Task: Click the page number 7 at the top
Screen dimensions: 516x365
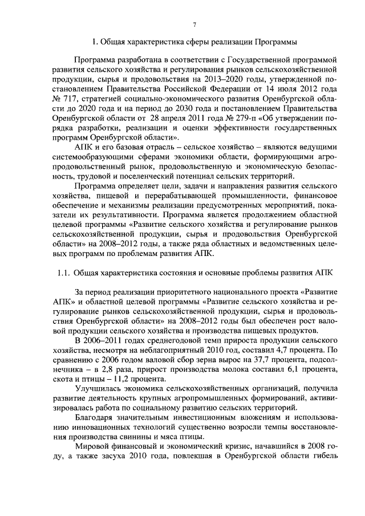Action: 194,24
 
